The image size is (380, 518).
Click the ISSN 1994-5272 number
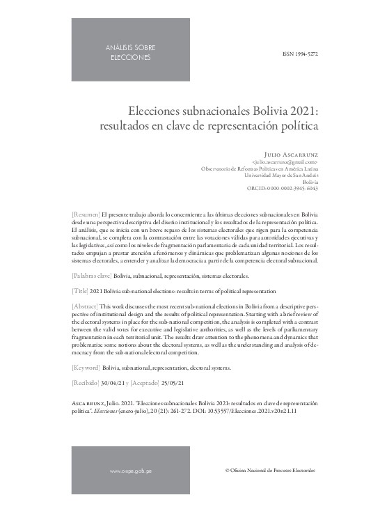click(300, 53)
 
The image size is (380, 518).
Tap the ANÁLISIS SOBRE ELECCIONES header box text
click(130, 52)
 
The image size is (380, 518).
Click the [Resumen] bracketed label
click(86, 215)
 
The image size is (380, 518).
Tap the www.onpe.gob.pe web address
click(131, 471)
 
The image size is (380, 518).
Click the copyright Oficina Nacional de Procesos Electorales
click(270, 471)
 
